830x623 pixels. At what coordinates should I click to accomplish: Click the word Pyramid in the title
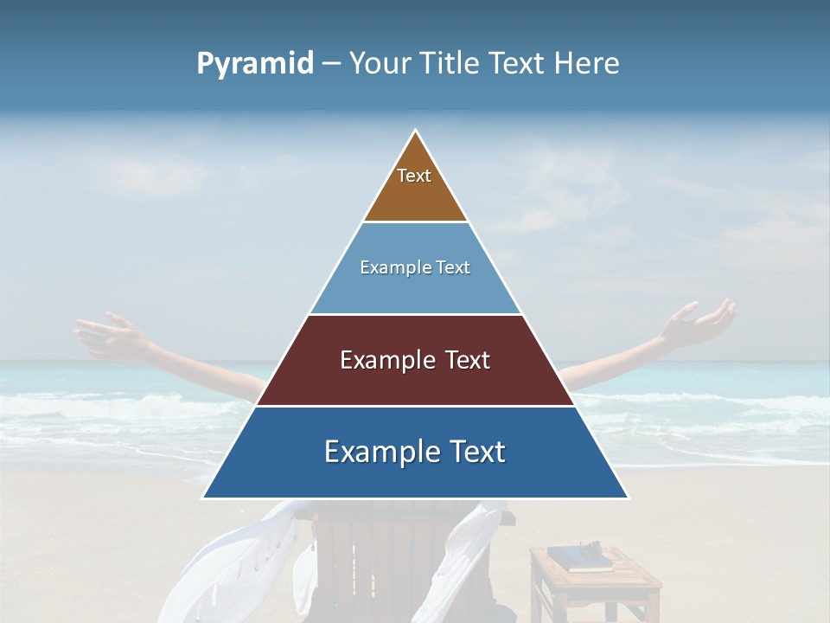(255, 64)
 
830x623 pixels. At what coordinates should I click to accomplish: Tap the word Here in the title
(587, 63)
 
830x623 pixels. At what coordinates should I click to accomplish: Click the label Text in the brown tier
(414, 176)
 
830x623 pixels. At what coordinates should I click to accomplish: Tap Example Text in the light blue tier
(415, 267)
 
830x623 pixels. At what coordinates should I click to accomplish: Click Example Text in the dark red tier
(415, 360)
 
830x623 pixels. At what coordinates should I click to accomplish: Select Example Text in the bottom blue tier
(415, 452)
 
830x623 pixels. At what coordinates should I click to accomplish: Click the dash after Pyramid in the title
(331, 64)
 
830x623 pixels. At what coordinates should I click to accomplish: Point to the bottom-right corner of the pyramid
(628, 498)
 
